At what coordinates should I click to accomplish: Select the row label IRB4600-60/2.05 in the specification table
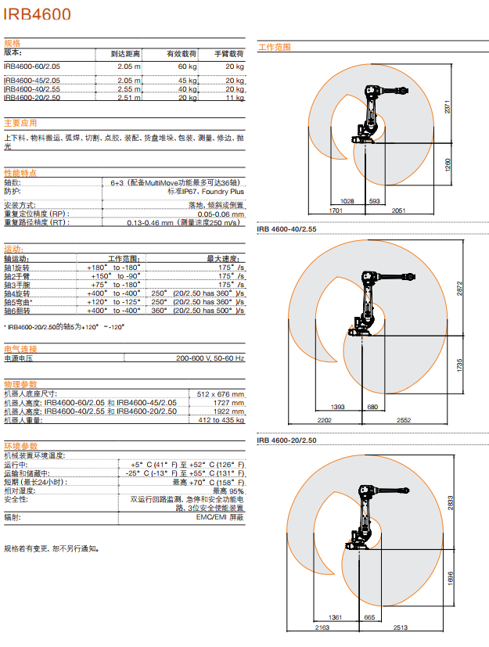(32, 67)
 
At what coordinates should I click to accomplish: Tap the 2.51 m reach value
(129, 98)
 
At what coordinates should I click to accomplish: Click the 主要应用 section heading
(20, 123)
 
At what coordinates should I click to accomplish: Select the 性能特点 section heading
(20, 172)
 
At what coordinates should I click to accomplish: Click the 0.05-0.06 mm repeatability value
(221, 214)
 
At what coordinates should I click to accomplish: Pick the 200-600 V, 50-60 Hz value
(210, 358)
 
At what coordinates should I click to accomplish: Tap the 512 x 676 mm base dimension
(221, 394)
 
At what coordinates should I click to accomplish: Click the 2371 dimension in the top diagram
(448, 110)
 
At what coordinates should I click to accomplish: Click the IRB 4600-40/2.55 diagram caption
(287, 228)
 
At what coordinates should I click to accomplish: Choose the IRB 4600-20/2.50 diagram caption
(287, 440)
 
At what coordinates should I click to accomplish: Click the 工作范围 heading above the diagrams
(275, 47)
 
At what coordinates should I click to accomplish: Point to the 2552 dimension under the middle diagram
(403, 420)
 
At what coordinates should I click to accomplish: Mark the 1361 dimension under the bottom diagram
(336, 617)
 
